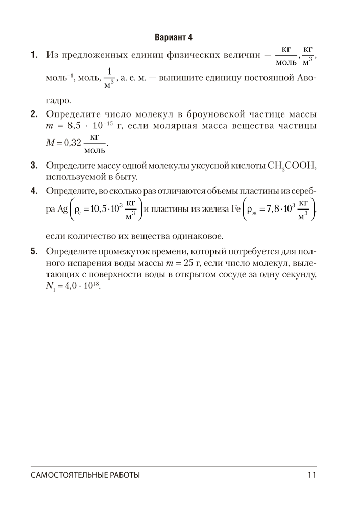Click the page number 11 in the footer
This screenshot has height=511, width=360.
coord(313,475)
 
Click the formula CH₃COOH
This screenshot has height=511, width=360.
coord(292,166)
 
